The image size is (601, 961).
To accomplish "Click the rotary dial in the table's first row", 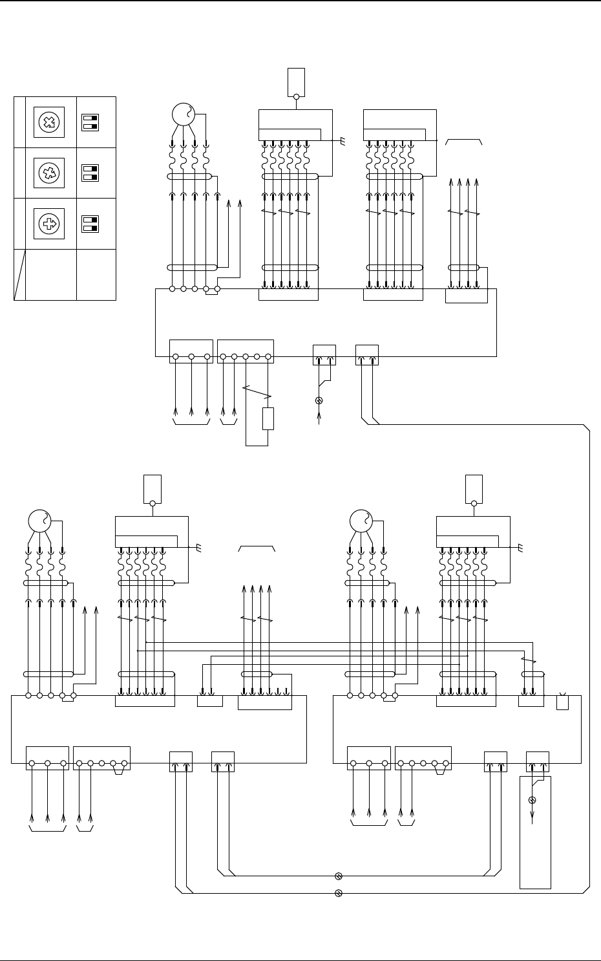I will (49, 122).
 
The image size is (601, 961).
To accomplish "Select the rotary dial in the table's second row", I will (49, 173).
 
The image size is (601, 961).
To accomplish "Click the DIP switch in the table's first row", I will (90, 122).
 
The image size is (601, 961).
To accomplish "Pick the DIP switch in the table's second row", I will (90, 173).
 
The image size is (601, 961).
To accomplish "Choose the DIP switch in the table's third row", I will (90, 224).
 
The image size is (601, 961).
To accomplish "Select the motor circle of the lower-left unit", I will (40, 521).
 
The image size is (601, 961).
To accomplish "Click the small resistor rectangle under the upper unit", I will (268, 418).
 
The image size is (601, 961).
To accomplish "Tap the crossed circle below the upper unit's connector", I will (318, 401).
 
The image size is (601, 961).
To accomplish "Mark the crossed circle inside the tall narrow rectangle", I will (532, 801).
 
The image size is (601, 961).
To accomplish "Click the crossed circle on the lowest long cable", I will (338, 894).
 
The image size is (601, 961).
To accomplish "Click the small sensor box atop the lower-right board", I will (474, 489).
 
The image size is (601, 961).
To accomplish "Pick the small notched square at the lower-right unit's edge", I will (562, 702).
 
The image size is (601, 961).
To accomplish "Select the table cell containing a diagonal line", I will (19, 275).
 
